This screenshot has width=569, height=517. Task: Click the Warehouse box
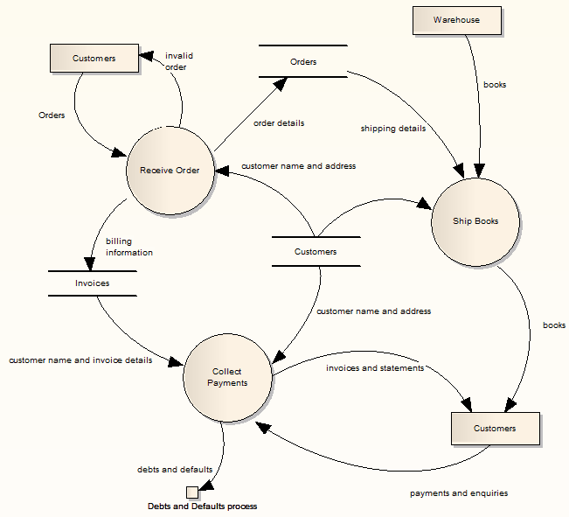pos(456,20)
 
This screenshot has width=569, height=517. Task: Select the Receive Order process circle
pos(170,170)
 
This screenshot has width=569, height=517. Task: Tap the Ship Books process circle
pos(476,221)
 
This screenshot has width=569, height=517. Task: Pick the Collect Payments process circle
pos(227,377)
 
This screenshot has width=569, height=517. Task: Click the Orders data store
pos(303,62)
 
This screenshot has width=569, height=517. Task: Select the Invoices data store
pos(92,283)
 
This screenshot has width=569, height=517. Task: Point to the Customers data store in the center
pos(315,252)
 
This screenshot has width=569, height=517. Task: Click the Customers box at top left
pos(94,59)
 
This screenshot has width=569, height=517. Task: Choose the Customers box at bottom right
pos(495,429)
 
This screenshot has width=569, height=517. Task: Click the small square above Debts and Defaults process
pos(191,492)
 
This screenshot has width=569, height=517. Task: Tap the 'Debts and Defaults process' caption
pos(202,507)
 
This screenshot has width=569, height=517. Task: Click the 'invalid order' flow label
pos(178,61)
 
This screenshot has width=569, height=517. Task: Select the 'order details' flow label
pos(279,123)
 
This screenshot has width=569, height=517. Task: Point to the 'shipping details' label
pos(393,129)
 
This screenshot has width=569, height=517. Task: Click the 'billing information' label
pos(128,247)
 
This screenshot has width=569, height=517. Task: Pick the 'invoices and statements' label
pos(374,368)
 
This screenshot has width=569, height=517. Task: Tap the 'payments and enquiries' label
pos(459,493)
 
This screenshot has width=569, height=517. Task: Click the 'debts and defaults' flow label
pos(175,470)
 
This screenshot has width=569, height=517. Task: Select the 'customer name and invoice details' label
pos(80,360)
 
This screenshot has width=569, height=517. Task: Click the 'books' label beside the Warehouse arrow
pos(495,85)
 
